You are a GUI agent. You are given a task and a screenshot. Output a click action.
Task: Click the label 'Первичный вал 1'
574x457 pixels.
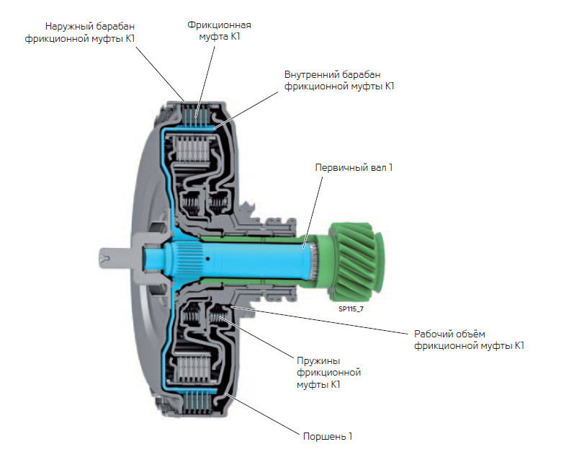pos(354,168)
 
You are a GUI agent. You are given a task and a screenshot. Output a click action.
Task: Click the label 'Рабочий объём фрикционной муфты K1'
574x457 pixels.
pos(468,340)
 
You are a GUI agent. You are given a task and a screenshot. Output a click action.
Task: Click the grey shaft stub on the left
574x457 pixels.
pos(115,256)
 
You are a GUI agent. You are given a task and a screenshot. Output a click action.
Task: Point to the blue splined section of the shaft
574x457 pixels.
pos(180,255)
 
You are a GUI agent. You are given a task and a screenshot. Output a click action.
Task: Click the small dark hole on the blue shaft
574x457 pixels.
pos(207,257)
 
